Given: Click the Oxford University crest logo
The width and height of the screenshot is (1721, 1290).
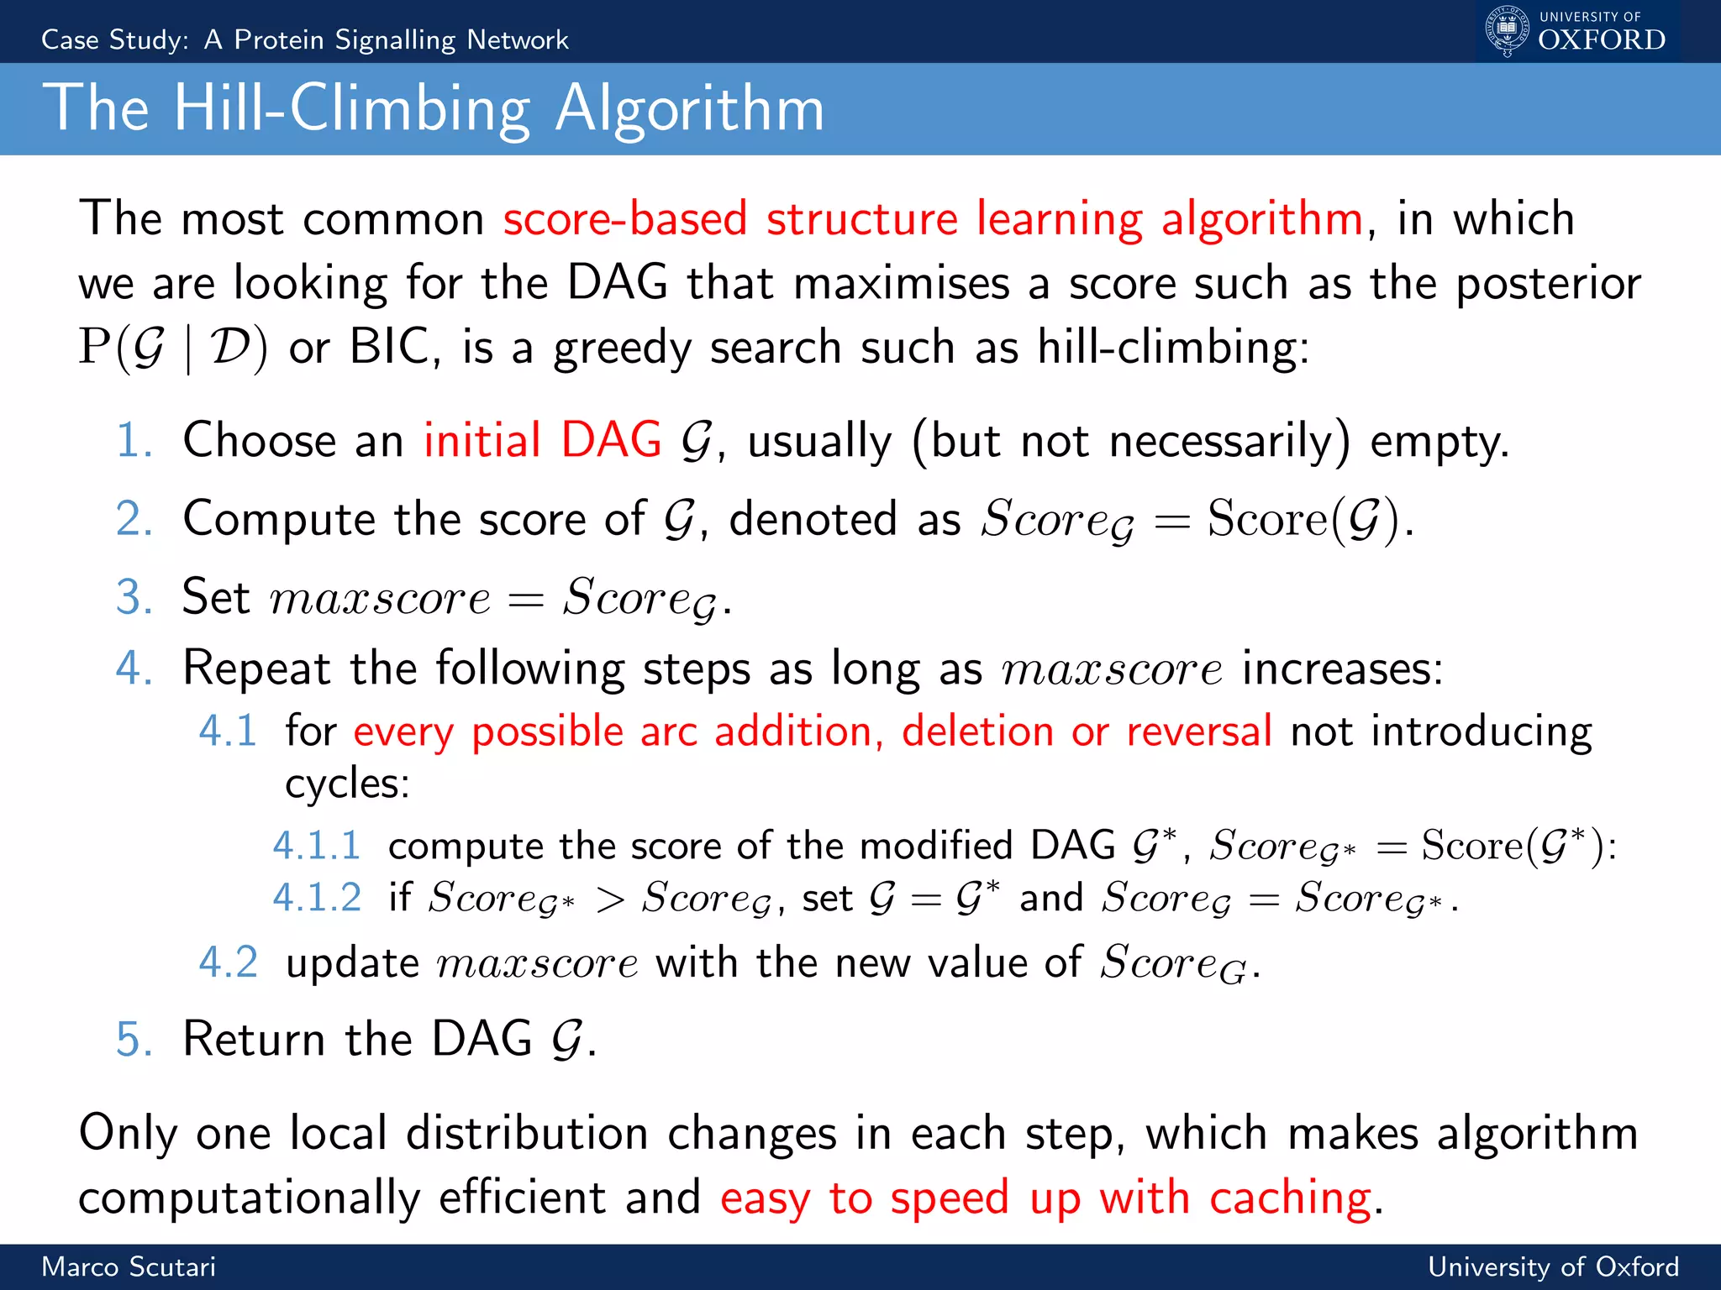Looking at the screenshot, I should (1507, 30).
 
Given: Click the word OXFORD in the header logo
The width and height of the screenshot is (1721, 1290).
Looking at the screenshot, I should (1602, 40).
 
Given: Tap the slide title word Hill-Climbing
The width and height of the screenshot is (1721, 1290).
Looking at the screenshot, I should (352, 109).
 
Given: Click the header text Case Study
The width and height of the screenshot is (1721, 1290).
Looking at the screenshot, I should (115, 39).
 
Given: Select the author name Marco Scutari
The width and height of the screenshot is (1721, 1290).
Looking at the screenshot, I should (129, 1266).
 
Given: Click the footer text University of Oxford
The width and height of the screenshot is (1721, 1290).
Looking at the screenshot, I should (1553, 1266).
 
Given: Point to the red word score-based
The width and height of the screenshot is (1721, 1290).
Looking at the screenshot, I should (625, 219).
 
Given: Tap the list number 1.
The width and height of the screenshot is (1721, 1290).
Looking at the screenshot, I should (134, 441).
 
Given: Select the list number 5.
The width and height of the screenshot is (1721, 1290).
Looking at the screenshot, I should (134, 1040).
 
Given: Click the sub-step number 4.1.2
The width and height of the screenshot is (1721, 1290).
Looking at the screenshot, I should (318, 898).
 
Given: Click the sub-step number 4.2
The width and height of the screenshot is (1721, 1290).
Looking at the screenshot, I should (228, 962).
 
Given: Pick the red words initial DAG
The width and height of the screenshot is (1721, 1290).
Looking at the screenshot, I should (542, 441).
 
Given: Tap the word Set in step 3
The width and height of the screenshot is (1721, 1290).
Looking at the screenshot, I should (216, 597).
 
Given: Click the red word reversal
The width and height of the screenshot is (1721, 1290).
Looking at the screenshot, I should (1199, 732).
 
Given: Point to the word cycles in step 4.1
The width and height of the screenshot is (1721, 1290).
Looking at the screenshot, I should (346, 784).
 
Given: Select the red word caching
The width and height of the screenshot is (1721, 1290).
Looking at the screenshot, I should (1290, 1198).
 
